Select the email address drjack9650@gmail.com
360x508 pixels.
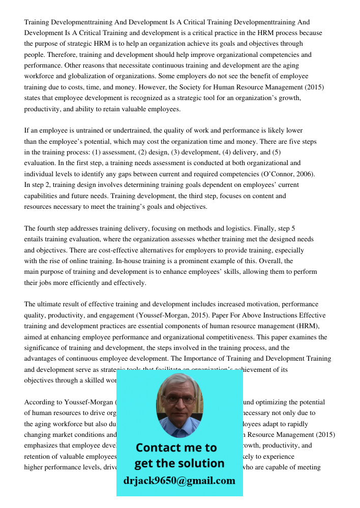pyautogui.click(x=179, y=481)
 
